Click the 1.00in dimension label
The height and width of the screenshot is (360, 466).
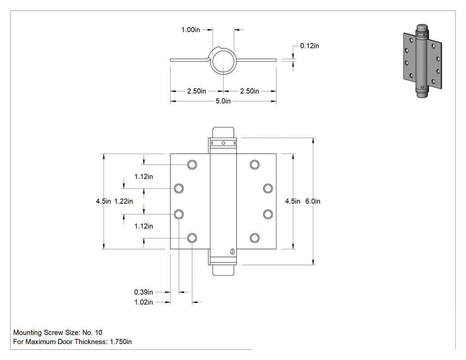click(x=190, y=30)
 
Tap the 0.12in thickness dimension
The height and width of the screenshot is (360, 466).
click(x=309, y=46)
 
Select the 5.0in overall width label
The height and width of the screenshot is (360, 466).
click(x=223, y=101)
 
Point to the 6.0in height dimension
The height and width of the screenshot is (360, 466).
click(x=312, y=201)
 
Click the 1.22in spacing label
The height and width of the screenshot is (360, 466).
click(x=124, y=201)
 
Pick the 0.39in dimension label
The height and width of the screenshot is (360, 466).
click(x=143, y=292)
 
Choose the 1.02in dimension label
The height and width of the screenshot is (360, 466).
click(x=143, y=302)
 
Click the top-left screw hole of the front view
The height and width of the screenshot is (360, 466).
click(x=192, y=164)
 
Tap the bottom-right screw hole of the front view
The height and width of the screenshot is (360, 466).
click(x=254, y=238)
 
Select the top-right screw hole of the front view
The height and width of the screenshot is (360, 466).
click(x=254, y=164)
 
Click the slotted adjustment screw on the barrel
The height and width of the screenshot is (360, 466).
click(x=232, y=252)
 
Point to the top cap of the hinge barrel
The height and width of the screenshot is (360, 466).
click(x=223, y=132)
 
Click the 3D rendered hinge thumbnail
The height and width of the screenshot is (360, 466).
click(x=423, y=60)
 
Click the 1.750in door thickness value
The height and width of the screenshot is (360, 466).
click(x=121, y=342)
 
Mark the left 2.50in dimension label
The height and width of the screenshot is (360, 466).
click(x=197, y=91)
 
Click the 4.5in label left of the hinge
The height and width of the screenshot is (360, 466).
click(x=103, y=201)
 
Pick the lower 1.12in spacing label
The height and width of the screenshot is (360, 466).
click(x=143, y=226)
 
